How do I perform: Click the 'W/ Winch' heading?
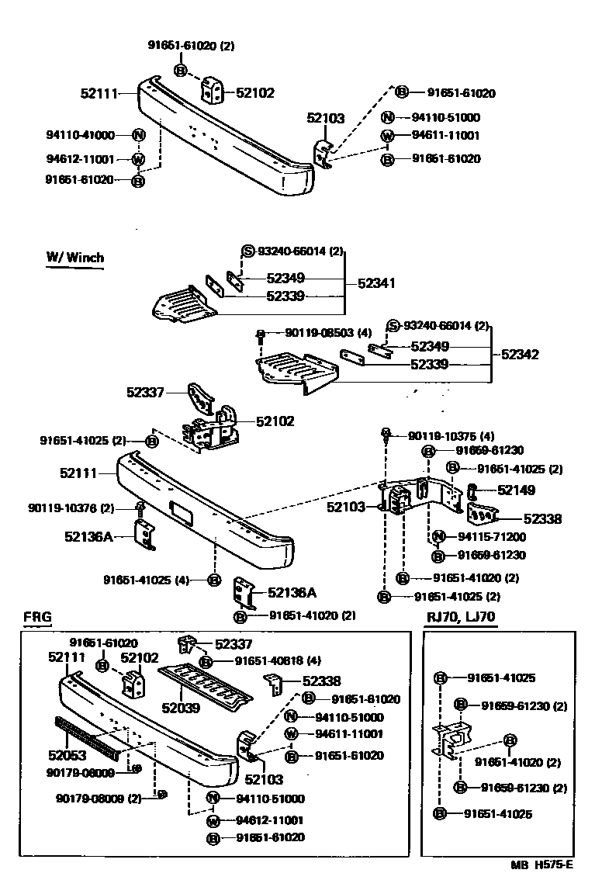click(74, 258)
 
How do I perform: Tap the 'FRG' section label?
click(36, 617)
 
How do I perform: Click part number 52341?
click(376, 284)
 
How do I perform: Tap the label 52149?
click(516, 490)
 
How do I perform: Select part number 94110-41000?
click(80, 134)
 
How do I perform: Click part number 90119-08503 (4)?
click(328, 332)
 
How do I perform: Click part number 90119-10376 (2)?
click(71, 508)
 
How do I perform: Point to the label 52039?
click(180, 707)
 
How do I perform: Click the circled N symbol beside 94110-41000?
click(138, 134)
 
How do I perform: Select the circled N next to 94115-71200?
click(438, 536)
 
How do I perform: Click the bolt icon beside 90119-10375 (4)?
click(384, 433)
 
